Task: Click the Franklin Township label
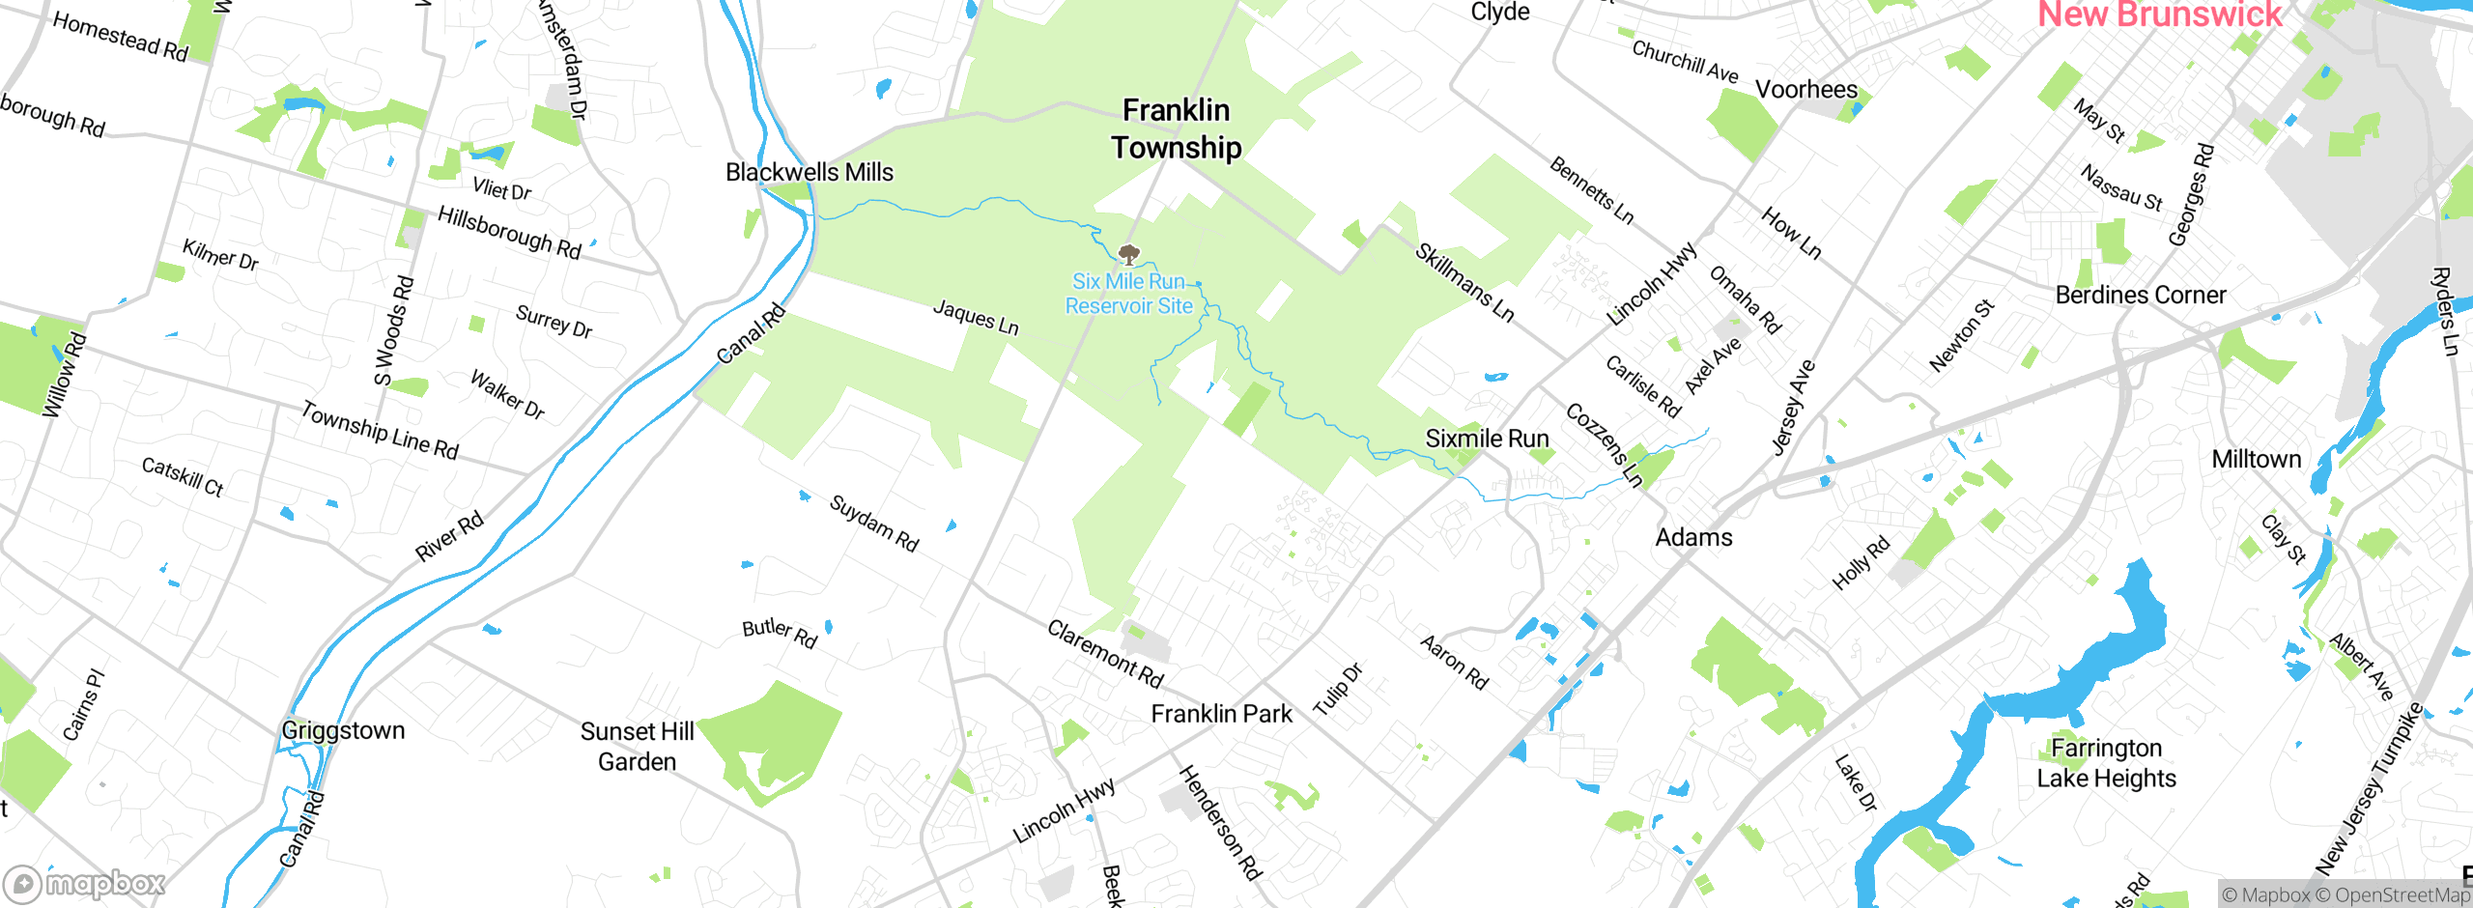pos(1176,128)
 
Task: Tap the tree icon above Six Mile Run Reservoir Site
pos(1128,255)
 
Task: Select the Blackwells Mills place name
pos(810,172)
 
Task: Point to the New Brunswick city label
pos(2159,14)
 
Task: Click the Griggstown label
pos(343,730)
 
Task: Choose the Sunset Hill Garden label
pos(637,747)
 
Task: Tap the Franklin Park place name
pos(1221,714)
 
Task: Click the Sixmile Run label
pos(1487,439)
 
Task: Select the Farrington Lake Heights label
pos(2106,763)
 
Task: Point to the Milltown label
pos(2256,459)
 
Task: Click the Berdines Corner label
pos(2141,295)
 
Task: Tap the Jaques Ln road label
pos(976,318)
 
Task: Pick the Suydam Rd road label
pos(874,523)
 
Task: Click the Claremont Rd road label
pos(1105,654)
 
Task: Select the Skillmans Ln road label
pos(1464,282)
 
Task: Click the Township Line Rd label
pos(379,430)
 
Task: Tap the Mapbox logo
pos(85,884)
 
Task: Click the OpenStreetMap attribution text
pos(2402,895)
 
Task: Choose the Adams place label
pos(1693,537)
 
